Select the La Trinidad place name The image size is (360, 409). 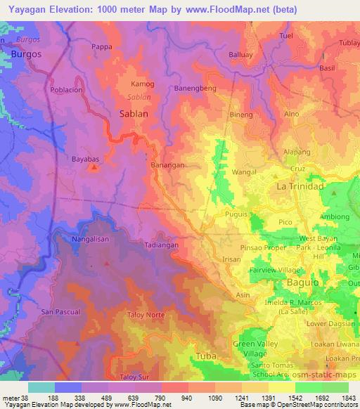tap(299, 186)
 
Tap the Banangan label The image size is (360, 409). tap(167, 164)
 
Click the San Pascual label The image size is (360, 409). tap(61, 311)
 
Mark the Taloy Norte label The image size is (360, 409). tap(146, 315)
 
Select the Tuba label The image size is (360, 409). tap(205, 356)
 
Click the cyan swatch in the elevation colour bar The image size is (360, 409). tap(41, 387)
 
